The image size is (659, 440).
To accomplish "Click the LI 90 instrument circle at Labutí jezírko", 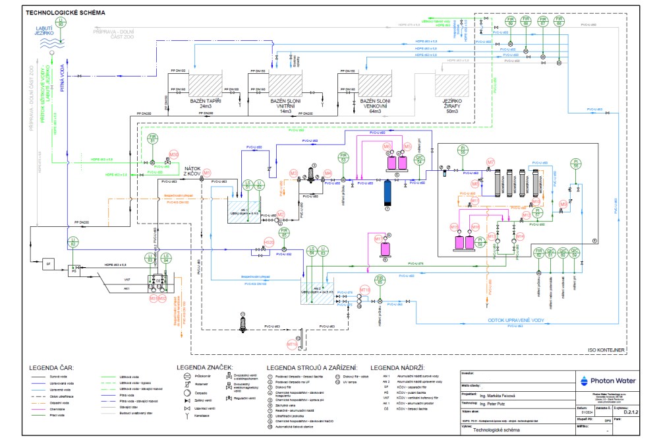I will (x=61, y=21).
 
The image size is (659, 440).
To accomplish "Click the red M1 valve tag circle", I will (x=206, y=173).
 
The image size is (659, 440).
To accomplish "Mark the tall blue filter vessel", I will (x=387, y=195).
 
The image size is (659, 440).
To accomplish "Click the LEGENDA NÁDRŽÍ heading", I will (x=397, y=367).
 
